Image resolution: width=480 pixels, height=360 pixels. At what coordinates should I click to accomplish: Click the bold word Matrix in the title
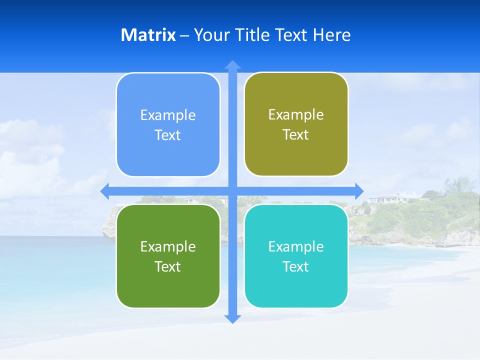pos(148,35)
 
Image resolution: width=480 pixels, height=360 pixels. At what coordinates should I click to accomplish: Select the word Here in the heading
pos(331,35)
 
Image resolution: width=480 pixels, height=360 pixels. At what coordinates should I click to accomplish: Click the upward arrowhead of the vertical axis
pos(232,65)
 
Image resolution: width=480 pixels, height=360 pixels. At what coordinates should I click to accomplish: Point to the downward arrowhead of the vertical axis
pos(232,318)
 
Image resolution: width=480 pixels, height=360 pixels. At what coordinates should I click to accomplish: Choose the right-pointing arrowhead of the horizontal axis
pos(359,191)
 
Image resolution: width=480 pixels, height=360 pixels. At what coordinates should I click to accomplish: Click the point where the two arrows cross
pos(232,191)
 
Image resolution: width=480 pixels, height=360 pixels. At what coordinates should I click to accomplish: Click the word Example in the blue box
pos(168,115)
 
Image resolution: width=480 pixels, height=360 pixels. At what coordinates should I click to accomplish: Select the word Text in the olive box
pos(296,135)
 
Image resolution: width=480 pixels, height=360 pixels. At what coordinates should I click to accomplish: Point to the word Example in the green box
pos(168,246)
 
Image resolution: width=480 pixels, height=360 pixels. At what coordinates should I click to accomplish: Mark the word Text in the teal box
pos(296,266)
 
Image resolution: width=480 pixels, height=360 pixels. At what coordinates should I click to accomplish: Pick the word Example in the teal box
pos(296,246)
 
